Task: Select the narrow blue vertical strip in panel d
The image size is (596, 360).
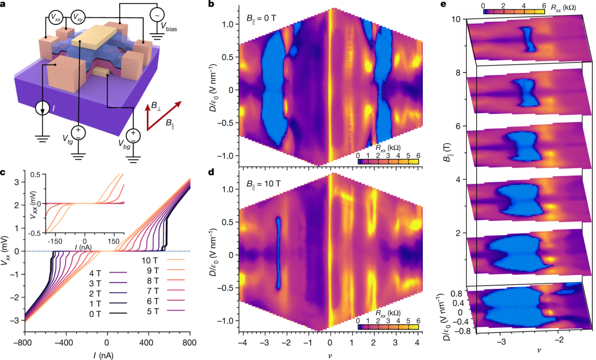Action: [x=278, y=252]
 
